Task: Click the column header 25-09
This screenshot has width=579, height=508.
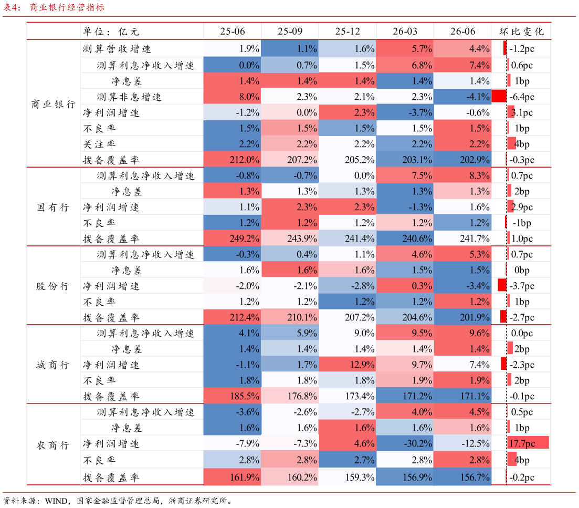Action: click(x=290, y=32)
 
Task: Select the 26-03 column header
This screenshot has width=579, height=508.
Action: click(x=405, y=32)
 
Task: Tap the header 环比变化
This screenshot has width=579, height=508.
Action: click(x=521, y=32)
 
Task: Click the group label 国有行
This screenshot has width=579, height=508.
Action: click(x=53, y=208)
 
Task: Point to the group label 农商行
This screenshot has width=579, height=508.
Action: click(x=53, y=445)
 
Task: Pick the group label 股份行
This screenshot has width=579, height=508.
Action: click(x=53, y=286)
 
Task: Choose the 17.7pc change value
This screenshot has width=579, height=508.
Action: click(x=522, y=443)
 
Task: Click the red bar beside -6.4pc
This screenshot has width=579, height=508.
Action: click(x=499, y=97)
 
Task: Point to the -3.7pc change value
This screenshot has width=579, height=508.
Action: click(x=522, y=286)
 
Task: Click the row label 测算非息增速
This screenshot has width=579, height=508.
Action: click(x=129, y=97)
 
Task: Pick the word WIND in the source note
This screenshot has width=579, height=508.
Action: click(x=56, y=501)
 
